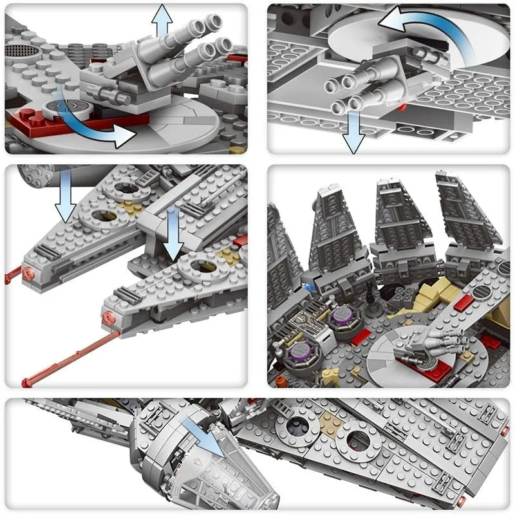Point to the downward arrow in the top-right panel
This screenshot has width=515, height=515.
tap(353, 132)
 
